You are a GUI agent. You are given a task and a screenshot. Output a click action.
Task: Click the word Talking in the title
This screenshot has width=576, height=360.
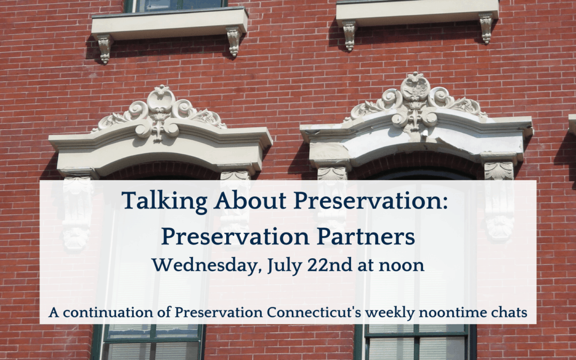click(x=165, y=201)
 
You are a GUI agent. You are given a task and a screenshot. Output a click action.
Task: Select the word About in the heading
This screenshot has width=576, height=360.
click(x=251, y=201)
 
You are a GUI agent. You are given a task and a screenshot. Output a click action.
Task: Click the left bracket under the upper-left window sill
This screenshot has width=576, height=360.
click(x=105, y=49)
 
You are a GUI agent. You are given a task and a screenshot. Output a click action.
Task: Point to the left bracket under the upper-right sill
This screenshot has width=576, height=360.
click(x=349, y=35)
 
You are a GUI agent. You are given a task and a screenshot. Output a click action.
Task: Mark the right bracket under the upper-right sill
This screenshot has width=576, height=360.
click(x=486, y=28)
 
